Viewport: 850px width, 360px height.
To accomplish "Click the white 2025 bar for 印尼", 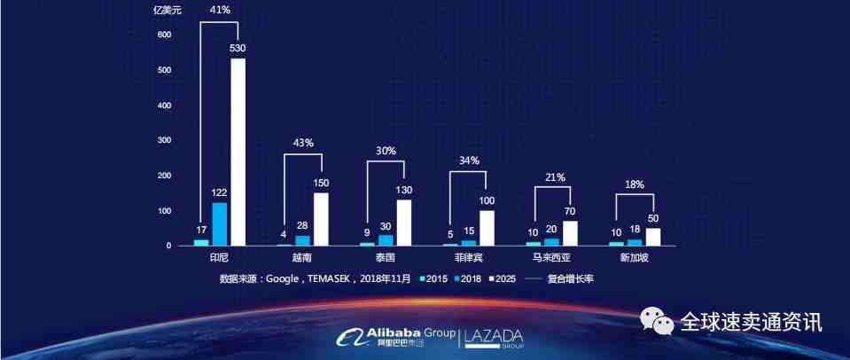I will coord(238,152).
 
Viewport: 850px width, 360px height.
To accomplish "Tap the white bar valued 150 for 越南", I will coord(321,219).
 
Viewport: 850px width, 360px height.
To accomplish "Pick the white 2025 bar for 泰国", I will coord(404,223).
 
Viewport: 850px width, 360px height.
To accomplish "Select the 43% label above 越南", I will coord(303,144).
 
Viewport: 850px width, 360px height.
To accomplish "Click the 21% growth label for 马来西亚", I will coord(556,177).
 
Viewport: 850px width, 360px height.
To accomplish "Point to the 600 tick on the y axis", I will coord(164,35).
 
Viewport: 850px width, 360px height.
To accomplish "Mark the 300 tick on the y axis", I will coord(164,140).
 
